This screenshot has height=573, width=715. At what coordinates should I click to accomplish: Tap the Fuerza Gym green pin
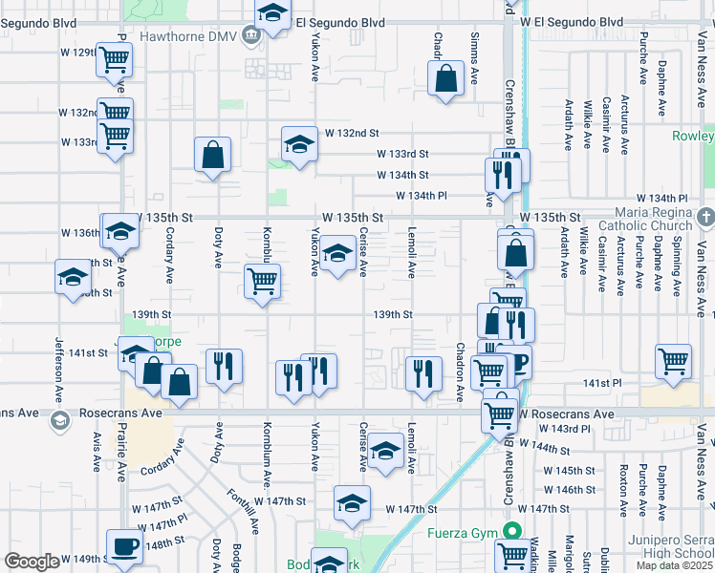tap(513, 531)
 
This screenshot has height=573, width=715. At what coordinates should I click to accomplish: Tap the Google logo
tap(32, 562)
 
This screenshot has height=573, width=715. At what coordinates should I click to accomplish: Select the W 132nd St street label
tap(352, 133)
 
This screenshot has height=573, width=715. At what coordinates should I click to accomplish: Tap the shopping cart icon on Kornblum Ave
tap(262, 282)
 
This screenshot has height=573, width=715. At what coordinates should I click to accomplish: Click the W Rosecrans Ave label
tap(567, 414)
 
